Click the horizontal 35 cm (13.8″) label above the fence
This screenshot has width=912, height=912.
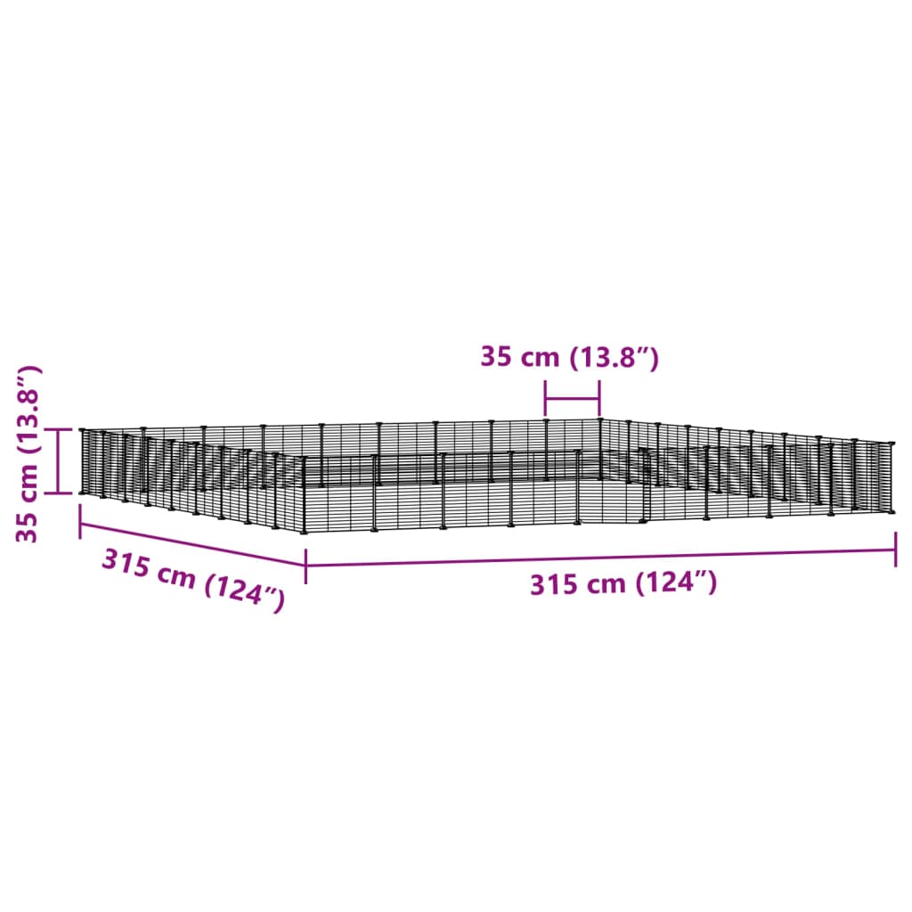point(569,357)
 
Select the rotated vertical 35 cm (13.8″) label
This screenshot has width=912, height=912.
point(28,454)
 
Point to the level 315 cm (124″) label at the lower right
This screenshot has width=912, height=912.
point(623,583)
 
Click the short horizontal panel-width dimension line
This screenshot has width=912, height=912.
point(573,399)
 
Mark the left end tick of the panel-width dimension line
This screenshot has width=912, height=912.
point(546,399)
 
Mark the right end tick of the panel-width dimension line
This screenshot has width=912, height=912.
point(599,399)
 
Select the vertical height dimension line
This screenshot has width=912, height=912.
point(58,461)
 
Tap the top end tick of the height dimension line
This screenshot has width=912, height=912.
point(58,429)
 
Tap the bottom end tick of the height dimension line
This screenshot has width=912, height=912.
point(58,493)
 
